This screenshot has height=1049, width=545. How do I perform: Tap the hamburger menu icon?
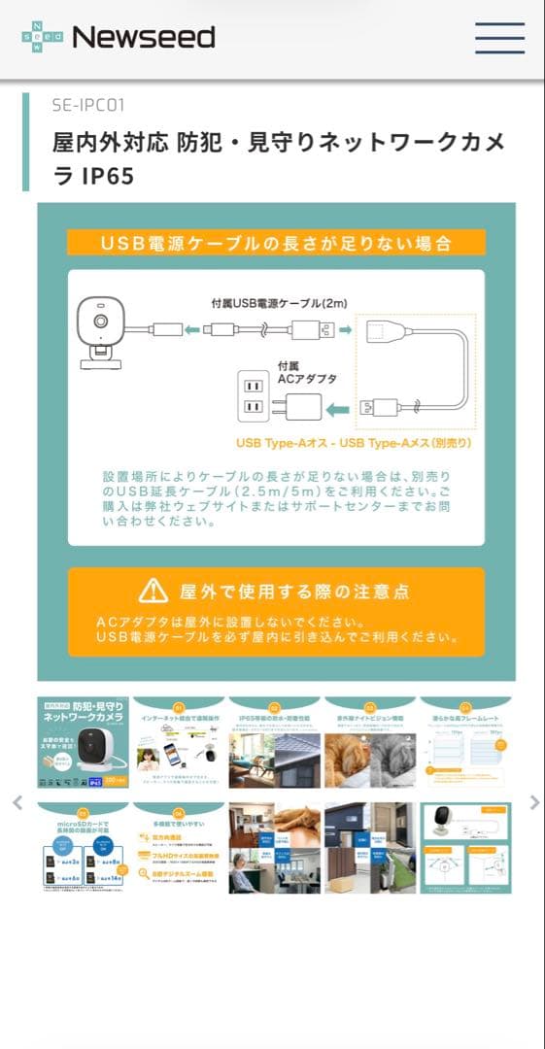499,37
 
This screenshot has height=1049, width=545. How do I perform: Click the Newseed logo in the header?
119,37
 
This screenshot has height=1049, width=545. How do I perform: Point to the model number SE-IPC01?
88,104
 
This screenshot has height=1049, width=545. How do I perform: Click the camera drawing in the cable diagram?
101,328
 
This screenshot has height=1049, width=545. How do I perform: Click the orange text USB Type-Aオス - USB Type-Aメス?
354,443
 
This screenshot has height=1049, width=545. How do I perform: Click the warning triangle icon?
153,590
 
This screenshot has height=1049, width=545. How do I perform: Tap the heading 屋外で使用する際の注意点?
293,591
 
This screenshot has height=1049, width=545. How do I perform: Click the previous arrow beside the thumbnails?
17,802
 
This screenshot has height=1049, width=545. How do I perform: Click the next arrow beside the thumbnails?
533,802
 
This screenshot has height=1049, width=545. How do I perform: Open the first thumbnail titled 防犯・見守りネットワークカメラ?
83,742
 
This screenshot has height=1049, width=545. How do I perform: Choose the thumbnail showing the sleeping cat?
370,742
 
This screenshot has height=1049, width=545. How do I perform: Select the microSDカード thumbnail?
83,848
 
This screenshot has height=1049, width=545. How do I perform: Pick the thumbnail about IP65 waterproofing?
274,742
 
